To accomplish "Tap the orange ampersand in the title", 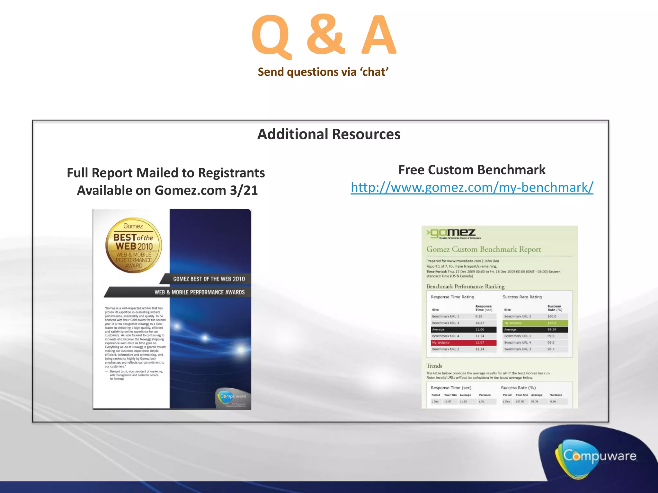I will [325, 35].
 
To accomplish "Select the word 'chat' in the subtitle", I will [375, 72].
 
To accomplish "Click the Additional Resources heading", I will [329, 134].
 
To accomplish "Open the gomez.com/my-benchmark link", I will [472, 187].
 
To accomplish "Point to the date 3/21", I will [244, 190].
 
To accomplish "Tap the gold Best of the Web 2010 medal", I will [134, 245].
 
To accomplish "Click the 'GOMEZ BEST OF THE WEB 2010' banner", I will [209, 279].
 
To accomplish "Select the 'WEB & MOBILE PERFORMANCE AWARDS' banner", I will [199, 292].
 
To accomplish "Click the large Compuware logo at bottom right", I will [599, 456].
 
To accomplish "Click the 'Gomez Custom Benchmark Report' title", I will [484, 249].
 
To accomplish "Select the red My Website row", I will [464, 343].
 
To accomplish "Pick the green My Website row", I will [535, 323].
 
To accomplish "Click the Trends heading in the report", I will [434, 366].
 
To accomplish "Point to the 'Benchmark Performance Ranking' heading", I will [465, 286].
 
